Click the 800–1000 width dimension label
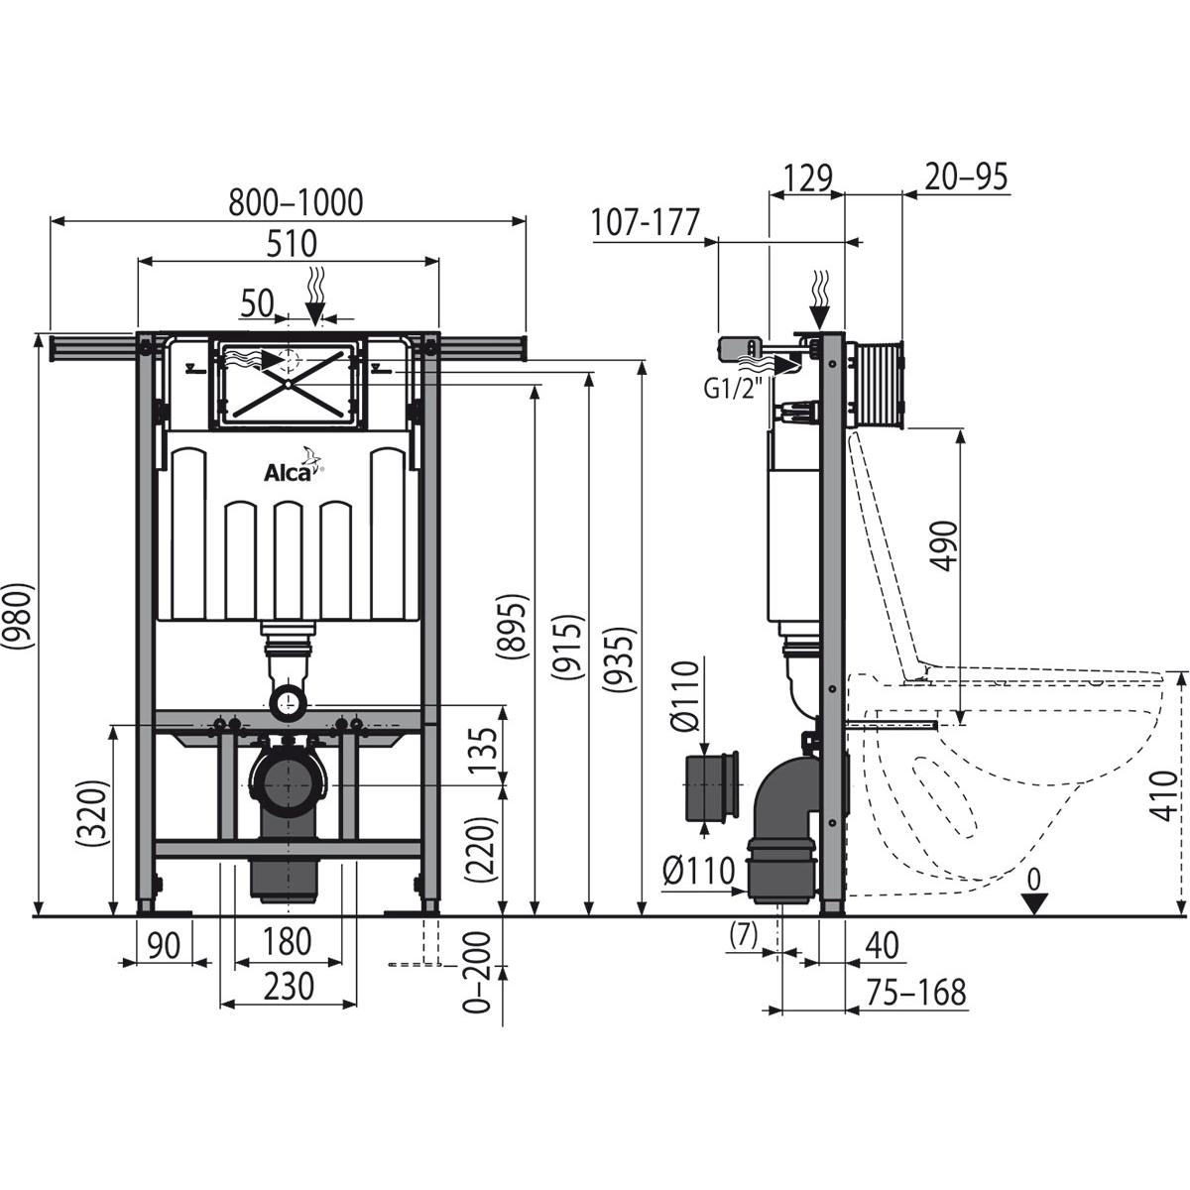click(x=296, y=202)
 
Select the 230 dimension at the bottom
click(x=287, y=986)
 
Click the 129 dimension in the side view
click(x=807, y=178)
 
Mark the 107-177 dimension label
click(x=645, y=222)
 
